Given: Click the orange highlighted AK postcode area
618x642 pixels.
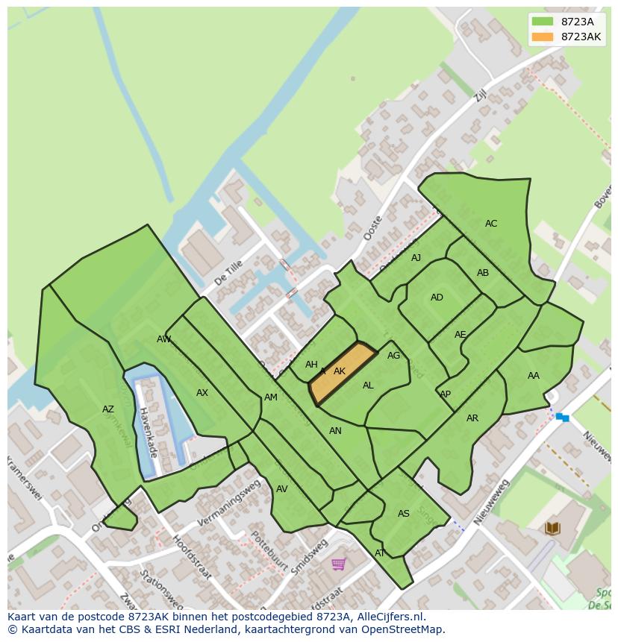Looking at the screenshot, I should [x=343, y=374].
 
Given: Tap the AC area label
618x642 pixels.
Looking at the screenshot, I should [x=490, y=224].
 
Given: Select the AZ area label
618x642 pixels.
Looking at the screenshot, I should [x=108, y=409].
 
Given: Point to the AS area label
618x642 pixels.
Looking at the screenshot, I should [x=403, y=514].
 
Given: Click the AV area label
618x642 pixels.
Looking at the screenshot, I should [x=281, y=489].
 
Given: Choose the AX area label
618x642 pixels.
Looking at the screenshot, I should [x=202, y=393].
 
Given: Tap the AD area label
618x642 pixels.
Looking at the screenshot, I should [x=437, y=298].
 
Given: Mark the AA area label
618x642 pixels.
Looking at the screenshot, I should [x=533, y=376].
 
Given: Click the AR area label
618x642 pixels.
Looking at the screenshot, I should [x=472, y=418].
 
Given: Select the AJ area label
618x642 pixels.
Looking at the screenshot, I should [x=416, y=258].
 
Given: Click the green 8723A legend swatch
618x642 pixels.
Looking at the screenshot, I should [x=543, y=22].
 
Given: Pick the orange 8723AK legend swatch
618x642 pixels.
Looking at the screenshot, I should [x=543, y=37].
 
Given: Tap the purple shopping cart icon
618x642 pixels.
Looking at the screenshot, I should [x=338, y=564].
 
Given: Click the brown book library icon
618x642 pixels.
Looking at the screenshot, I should [x=552, y=529].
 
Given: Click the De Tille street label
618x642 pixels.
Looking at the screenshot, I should [x=228, y=274].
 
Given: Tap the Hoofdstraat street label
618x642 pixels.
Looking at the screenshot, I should [x=192, y=557].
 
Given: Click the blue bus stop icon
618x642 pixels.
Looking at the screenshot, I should [x=562, y=418].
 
